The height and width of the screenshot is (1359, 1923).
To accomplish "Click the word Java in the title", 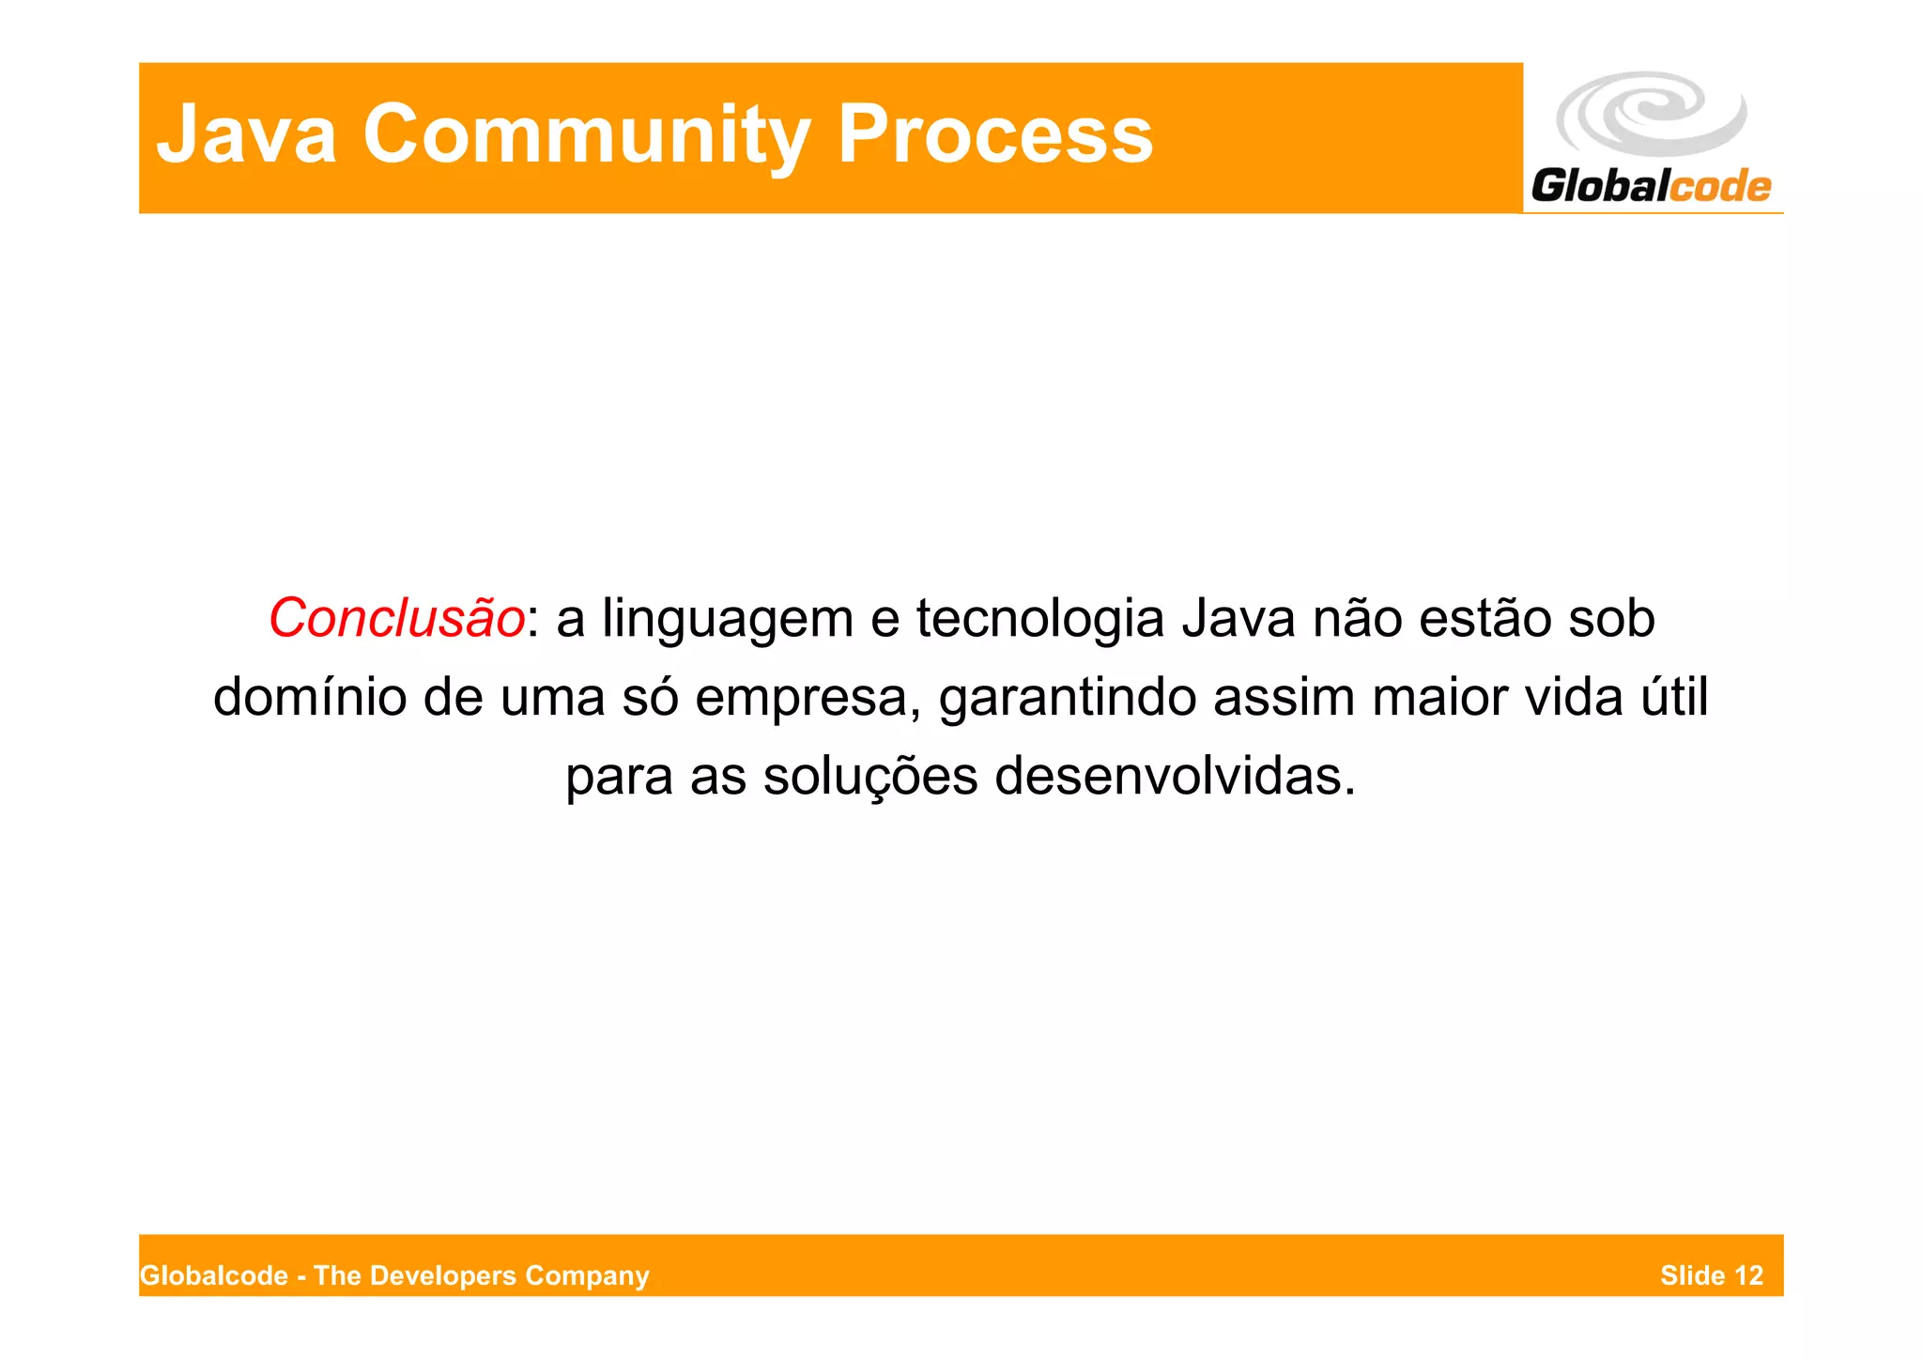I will click(x=246, y=134).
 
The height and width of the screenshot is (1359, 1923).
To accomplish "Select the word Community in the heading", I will click(x=586, y=134).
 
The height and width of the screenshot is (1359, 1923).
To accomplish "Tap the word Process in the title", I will click(x=994, y=134).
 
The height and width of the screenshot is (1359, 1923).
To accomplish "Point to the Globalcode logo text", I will click(x=1650, y=185).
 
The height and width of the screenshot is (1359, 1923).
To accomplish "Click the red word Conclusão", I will click(x=396, y=619).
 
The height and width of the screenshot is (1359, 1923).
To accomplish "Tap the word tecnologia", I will click(x=1040, y=619).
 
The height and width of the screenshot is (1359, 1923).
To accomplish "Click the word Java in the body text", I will click(x=1238, y=619).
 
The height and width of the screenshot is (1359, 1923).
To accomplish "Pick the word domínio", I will click(x=310, y=698).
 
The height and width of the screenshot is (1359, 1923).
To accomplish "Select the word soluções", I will click(x=869, y=777).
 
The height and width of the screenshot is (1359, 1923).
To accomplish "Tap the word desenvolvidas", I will click(x=1175, y=777).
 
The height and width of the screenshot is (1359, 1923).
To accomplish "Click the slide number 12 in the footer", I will click(x=1748, y=1275).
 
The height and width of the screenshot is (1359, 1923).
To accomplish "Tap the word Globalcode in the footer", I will click(x=214, y=1275).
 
